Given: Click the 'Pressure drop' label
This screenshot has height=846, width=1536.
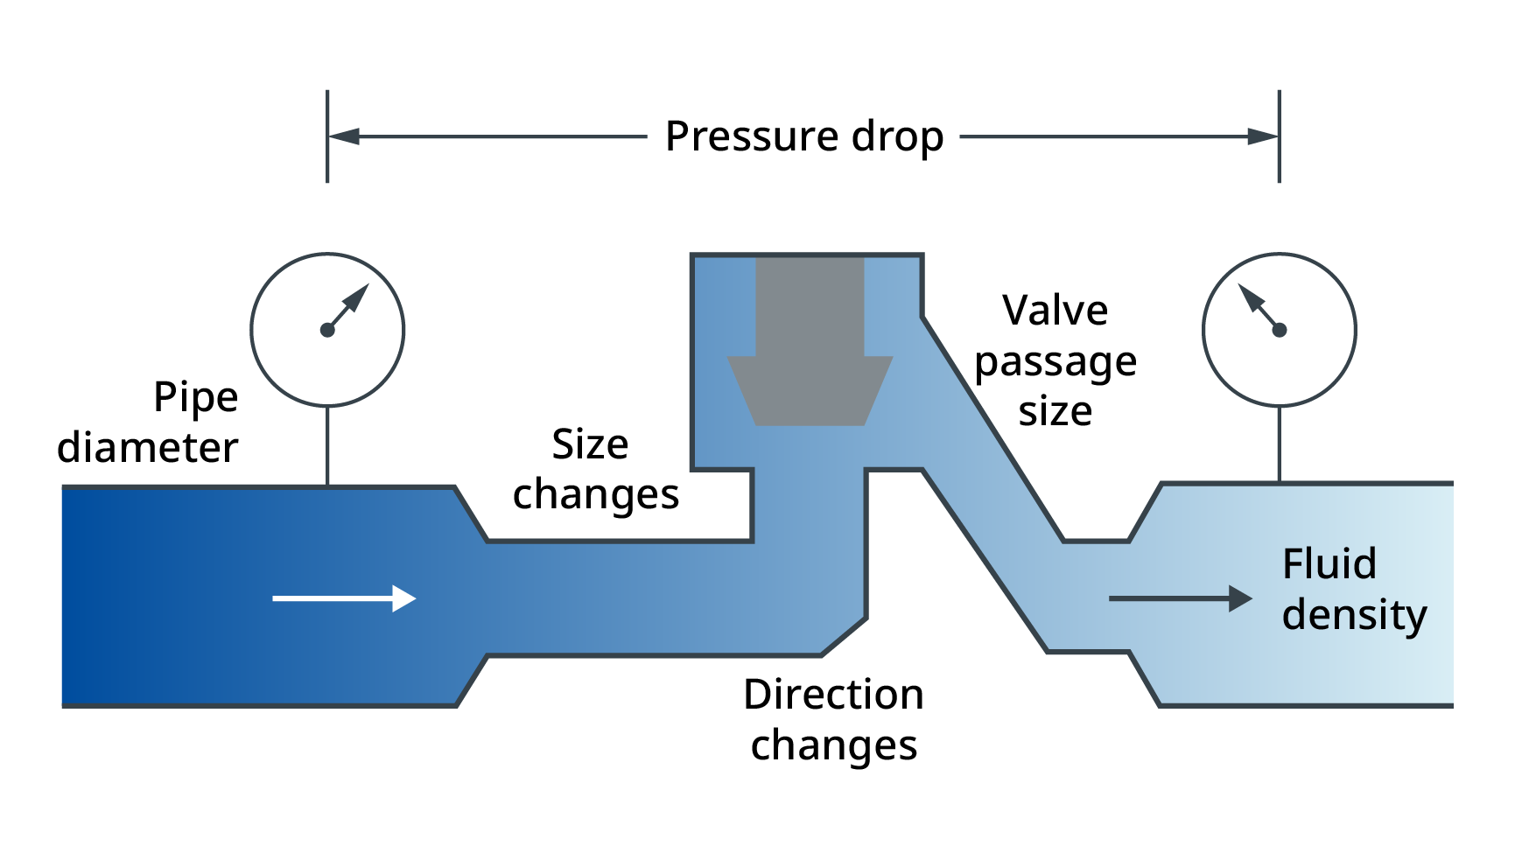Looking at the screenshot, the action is pos(804,137).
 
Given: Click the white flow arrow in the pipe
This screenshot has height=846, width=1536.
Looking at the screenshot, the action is pos(344,598).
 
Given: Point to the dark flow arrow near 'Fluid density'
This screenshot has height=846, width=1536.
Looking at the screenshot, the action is pos(1181,598).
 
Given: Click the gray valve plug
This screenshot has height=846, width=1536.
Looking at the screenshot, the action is pos(810,341).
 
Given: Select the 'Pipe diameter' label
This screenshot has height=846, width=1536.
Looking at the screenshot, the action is pos(148,423).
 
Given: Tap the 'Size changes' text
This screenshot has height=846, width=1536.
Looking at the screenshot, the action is pos(595,470).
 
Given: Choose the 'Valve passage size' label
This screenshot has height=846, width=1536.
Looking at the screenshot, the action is pos(1056,360).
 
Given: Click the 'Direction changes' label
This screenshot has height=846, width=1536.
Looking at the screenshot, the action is pos(833,720).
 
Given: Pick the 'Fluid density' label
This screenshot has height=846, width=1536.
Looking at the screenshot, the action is pos(1354,589).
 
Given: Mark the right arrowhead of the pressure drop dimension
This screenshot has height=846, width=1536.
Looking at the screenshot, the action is pos(1263,136).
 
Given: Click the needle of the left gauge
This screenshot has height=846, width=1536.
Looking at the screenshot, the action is pos(347,307).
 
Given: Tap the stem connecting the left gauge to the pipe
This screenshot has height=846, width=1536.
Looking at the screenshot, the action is pos(327,446).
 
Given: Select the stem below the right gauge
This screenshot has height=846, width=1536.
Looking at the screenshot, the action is pos(1280,444).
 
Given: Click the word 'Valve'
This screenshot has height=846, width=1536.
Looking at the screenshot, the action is pos(1056,311).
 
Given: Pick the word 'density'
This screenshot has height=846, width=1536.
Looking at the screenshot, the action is pos(1354,615).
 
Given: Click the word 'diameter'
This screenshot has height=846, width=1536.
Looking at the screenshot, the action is pos(148,448).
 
